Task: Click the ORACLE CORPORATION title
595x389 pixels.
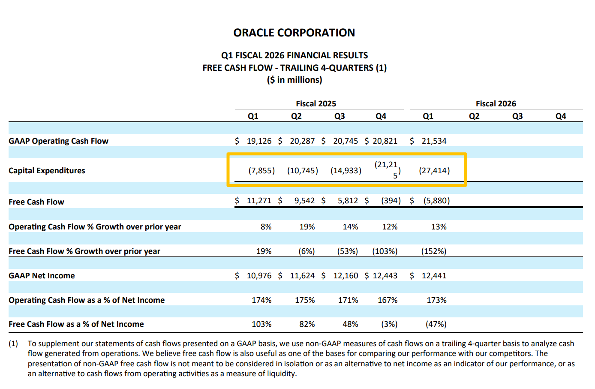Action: pos(294,33)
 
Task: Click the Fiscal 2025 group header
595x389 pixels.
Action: pos(316,103)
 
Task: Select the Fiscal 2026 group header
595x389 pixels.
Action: pos(496,103)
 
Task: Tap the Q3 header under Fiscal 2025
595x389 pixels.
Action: pos(340,116)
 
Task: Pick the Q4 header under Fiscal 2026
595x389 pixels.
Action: pos(561,116)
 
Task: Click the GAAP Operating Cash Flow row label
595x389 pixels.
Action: pos(58,141)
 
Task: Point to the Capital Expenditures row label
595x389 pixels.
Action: pos(47,171)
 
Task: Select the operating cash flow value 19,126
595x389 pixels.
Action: pos(259,141)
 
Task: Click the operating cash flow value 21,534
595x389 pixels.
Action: pos(434,141)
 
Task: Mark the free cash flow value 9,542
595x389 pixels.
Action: pos(304,201)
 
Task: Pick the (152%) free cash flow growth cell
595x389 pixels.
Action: pos(433,251)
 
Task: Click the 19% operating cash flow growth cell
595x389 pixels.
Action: pos(307,227)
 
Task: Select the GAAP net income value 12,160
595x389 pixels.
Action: pos(346,276)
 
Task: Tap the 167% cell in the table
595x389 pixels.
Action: pos(388,300)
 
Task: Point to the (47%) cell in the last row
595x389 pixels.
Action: pos(436,324)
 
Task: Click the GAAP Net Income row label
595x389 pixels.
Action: pos(42,276)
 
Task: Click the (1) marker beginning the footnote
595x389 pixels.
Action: pos(13,344)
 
